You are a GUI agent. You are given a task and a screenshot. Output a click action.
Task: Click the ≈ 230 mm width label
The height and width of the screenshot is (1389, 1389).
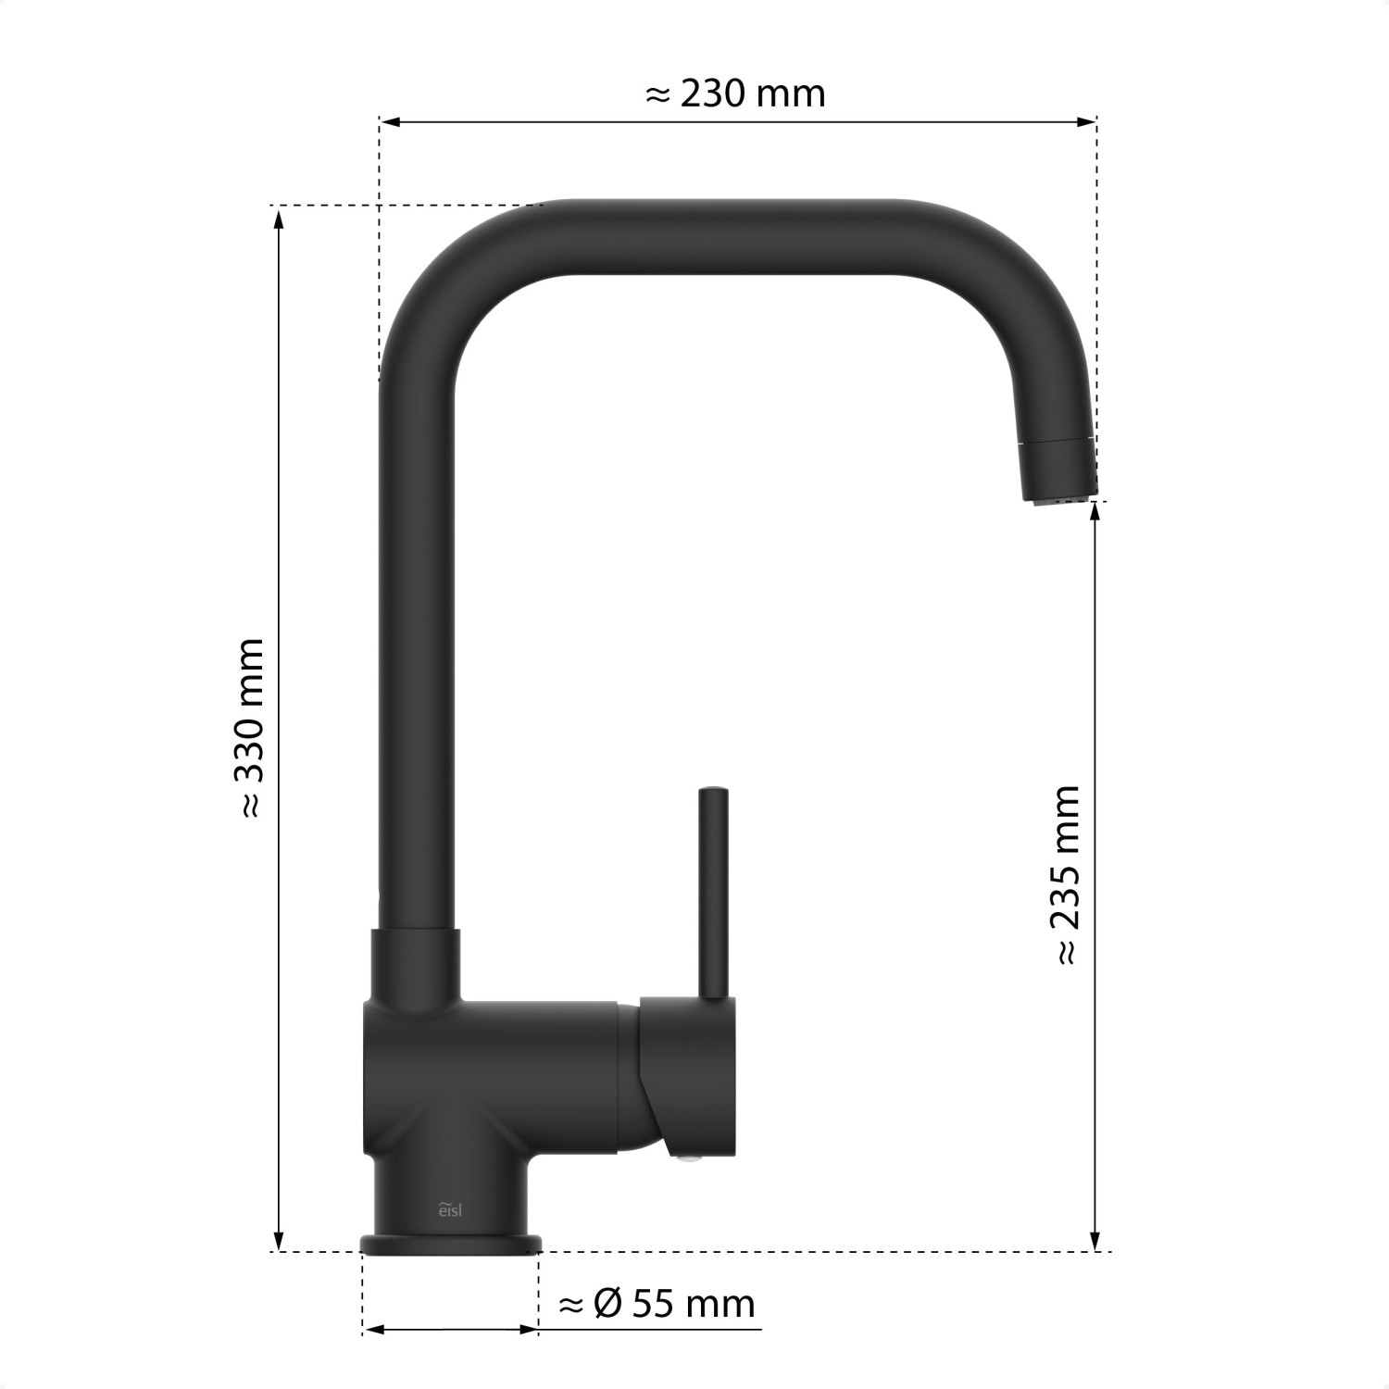[734, 94]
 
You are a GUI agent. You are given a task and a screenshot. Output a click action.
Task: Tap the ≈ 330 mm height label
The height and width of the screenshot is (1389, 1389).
[252, 728]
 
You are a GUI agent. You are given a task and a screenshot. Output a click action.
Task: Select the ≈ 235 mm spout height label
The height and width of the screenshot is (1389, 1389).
[1067, 874]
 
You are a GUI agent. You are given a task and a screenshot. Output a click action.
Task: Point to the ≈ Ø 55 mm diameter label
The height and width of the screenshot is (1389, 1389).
[657, 1304]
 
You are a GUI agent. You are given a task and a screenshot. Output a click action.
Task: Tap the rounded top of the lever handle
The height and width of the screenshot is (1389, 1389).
[714, 794]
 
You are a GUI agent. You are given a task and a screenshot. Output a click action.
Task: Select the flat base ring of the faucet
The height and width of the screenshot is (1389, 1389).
[451, 1243]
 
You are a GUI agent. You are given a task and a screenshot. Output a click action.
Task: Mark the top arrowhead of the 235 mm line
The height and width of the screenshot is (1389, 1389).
[1096, 511]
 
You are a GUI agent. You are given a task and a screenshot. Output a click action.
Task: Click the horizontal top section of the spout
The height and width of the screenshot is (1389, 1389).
[722, 237]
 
